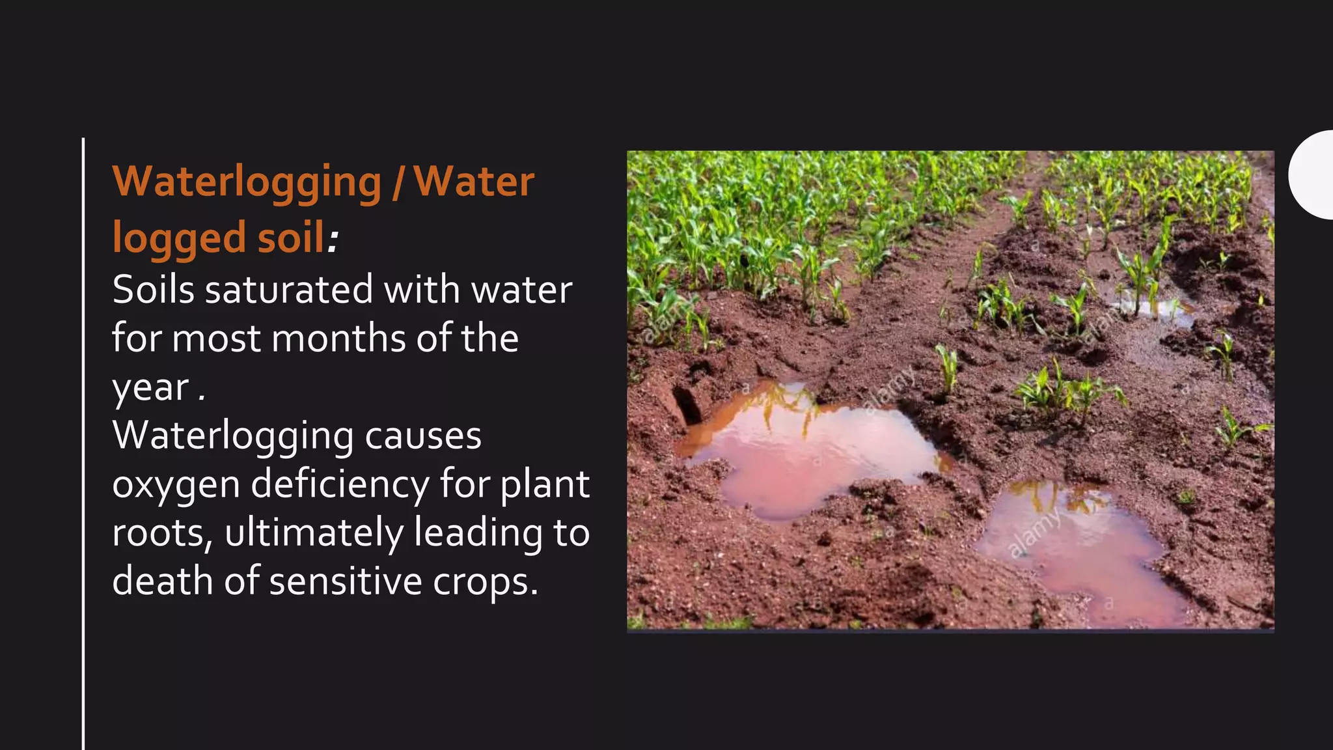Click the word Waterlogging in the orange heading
[247, 182]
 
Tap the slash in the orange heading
[398, 183]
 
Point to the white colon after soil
[333, 241]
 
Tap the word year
[150, 389]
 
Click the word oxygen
[176, 486]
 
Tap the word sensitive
[346, 581]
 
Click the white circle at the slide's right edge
[1315, 174]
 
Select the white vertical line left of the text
[83, 443]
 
